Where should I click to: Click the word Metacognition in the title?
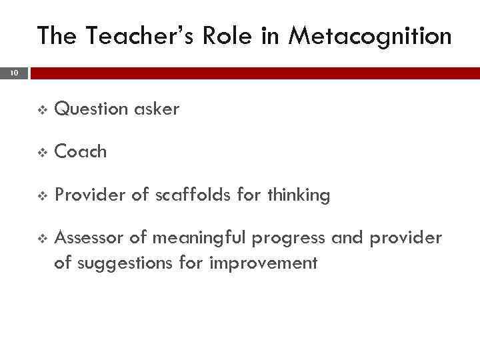click(370, 36)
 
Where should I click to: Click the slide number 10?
click(14, 72)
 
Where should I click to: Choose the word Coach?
click(81, 152)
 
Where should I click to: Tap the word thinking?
click(298, 195)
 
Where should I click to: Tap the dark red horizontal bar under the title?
click(253, 72)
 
